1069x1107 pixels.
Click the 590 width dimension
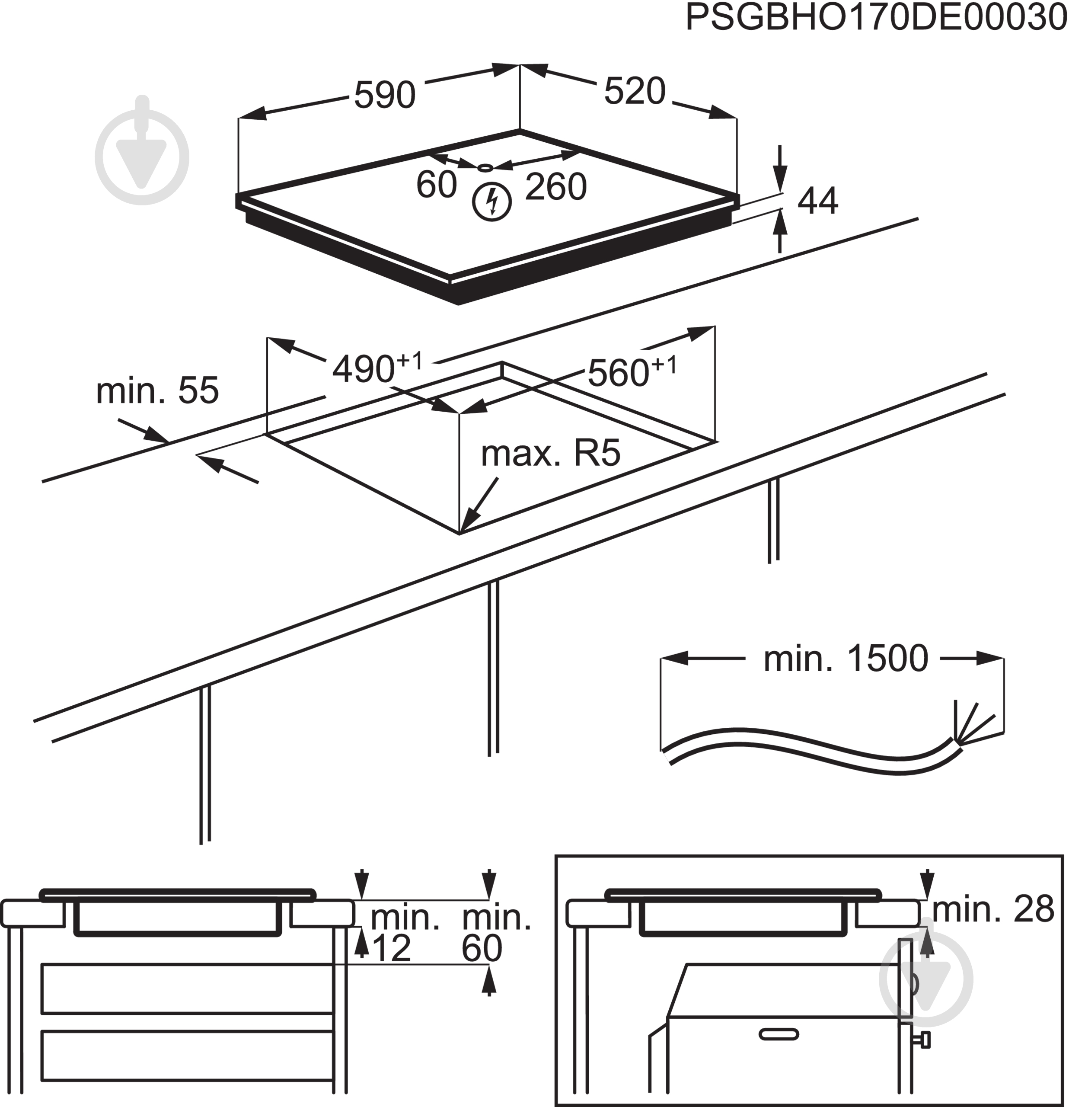point(385,95)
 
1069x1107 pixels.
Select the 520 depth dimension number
point(635,91)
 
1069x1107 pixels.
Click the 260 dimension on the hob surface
point(555,187)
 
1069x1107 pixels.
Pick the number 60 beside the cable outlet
point(436,184)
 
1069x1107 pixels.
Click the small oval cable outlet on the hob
point(485,168)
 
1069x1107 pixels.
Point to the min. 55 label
point(157,390)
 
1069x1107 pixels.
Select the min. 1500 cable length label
point(846,659)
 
